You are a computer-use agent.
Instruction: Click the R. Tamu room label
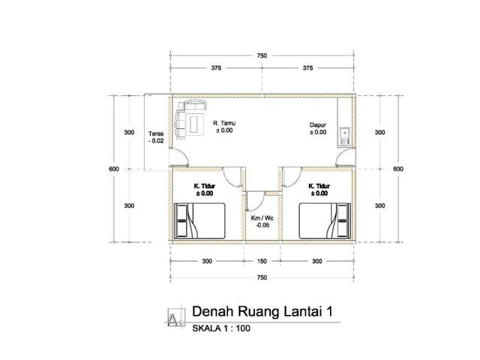pos(224,123)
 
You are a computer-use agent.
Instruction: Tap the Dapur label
pos(318,125)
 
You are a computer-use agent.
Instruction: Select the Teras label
pos(156,133)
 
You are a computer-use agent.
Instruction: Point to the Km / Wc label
pos(262,218)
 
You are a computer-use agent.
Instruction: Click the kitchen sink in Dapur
pos(345,136)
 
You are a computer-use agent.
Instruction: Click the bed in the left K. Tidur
pos(200,220)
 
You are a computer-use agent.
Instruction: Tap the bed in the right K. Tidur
pos(325,220)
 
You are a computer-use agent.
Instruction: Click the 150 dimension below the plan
pos(262,261)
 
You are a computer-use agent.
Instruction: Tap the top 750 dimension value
pos(262,55)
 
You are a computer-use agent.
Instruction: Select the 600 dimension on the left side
pos(114,169)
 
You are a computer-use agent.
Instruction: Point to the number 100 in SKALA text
pos(243,328)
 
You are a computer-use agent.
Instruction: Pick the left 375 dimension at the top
pos(216,68)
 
